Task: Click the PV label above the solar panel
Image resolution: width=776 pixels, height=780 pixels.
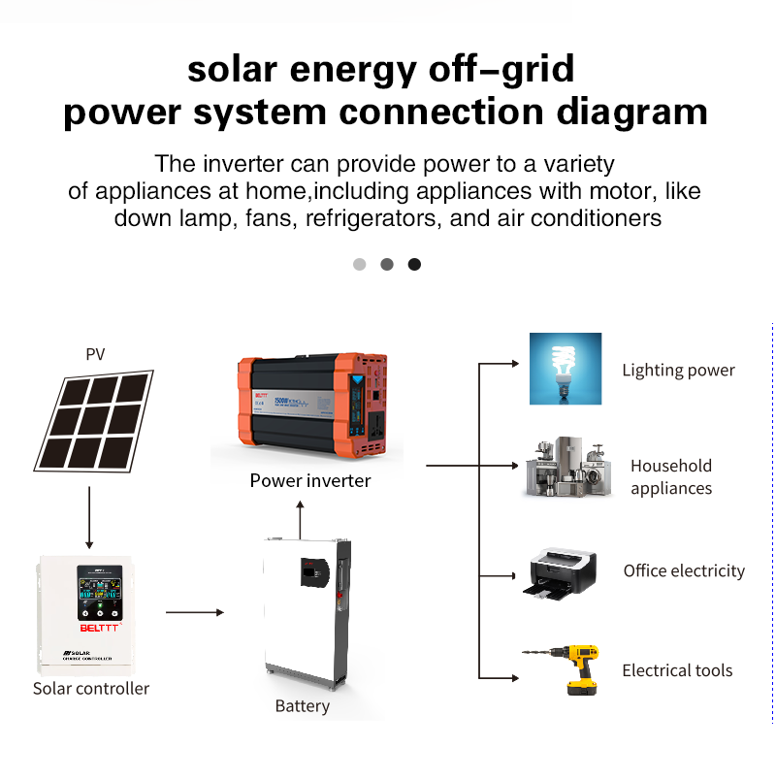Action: point(95,354)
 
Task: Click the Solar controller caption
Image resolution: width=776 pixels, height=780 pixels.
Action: point(91,689)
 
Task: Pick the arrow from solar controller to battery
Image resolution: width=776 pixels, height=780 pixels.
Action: point(194,613)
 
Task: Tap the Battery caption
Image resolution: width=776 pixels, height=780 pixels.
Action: point(302,706)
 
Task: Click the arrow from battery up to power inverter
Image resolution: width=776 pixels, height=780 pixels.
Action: point(300,516)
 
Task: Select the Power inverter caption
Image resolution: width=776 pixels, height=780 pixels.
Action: point(310,480)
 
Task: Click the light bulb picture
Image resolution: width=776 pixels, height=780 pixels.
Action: point(566,369)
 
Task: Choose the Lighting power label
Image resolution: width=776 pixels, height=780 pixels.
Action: point(678,371)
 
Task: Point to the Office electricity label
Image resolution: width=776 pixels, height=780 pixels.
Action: point(684,571)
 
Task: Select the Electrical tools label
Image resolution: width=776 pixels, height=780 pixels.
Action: point(677,670)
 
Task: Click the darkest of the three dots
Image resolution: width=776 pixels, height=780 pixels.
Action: point(414,264)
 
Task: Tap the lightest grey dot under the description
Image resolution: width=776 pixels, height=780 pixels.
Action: point(360,264)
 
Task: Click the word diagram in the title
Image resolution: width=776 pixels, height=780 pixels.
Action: point(632,113)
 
